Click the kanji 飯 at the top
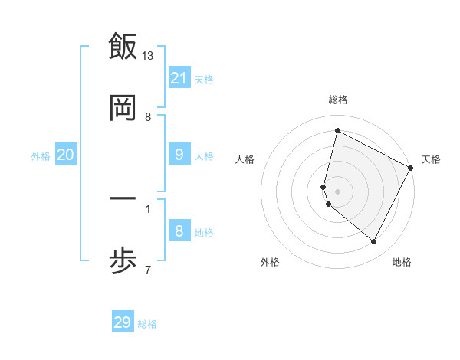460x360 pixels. (x=123, y=46)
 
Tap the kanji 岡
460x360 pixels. (x=123, y=109)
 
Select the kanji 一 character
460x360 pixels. (x=123, y=198)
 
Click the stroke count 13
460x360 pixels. (x=148, y=56)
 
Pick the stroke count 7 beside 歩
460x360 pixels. (x=147, y=270)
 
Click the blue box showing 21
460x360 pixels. (x=179, y=78)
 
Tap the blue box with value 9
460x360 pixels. (x=179, y=155)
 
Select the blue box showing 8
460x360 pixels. (x=179, y=231)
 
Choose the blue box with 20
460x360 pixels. (x=65, y=155)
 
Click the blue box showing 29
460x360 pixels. (x=123, y=322)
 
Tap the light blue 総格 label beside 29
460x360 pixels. (x=147, y=324)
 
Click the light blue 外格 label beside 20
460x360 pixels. (x=41, y=156)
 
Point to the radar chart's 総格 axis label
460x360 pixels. (x=338, y=100)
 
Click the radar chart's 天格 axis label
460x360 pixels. (x=431, y=159)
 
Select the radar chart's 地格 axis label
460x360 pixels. (x=402, y=262)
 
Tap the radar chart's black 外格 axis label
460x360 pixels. (x=270, y=262)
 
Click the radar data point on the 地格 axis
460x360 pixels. (x=374, y=242)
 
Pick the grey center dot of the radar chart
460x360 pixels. (x=338, y=191)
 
